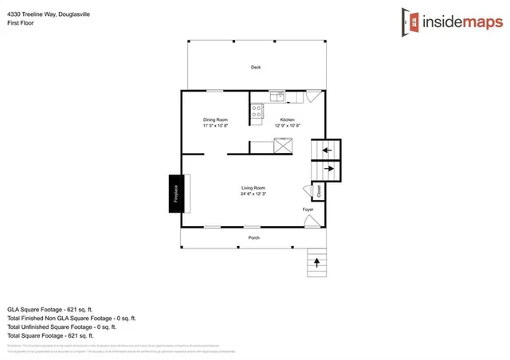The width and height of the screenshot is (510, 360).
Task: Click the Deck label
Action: click(x=256, y=68)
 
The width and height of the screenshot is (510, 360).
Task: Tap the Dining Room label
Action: click(x=215, y=119)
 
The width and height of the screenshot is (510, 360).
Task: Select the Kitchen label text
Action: click(x=287, y=119)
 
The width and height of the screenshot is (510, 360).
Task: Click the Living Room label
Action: click(x=253, y=188)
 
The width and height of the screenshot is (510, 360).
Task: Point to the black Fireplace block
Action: click(x=175, y=194)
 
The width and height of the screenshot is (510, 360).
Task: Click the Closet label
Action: click(x=319, y=191)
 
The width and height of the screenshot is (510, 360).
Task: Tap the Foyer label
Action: click(x=308, y=209)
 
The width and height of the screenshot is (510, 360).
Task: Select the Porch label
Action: click(x=253, y=237)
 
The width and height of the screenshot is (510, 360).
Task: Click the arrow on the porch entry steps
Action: click(x=317, y=261)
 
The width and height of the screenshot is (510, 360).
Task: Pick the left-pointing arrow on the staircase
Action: click(x=326, y=149)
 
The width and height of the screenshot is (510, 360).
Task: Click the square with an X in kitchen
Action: click(x=283, y=144)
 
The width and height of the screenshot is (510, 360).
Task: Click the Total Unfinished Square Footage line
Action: click(x=61, y=327)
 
